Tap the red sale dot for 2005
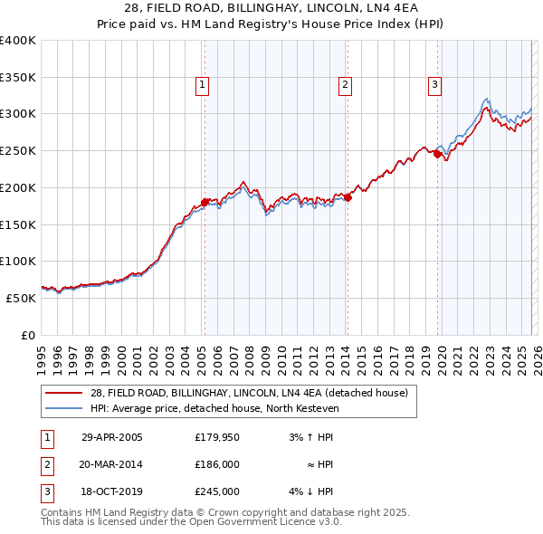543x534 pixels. click(205, 202)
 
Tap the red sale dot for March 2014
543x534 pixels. click(348, 198)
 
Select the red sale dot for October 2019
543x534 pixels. click(437, 155)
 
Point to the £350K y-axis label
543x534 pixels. click(18, 77)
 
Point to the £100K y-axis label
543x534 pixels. click(18, 261)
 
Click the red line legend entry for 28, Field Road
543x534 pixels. click(250, 393)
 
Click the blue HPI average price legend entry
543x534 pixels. click(214, 409)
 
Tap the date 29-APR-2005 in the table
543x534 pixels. click(112, 438)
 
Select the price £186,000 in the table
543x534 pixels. click(217, 464)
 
